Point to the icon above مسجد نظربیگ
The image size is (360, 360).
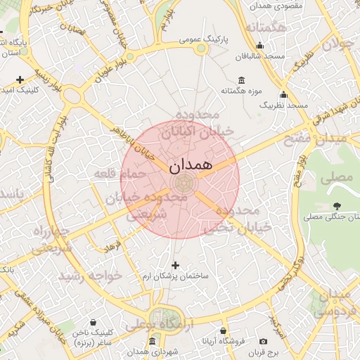(x=284, y=94)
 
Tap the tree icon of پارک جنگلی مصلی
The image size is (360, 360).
(x=336, y=205)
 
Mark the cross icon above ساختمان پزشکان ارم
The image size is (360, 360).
(x=175, y=265)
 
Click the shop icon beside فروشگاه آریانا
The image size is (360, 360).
(x=223, y=330)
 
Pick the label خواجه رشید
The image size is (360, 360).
(x=91, y=275)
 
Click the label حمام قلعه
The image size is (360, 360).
(x=127, y=173)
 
